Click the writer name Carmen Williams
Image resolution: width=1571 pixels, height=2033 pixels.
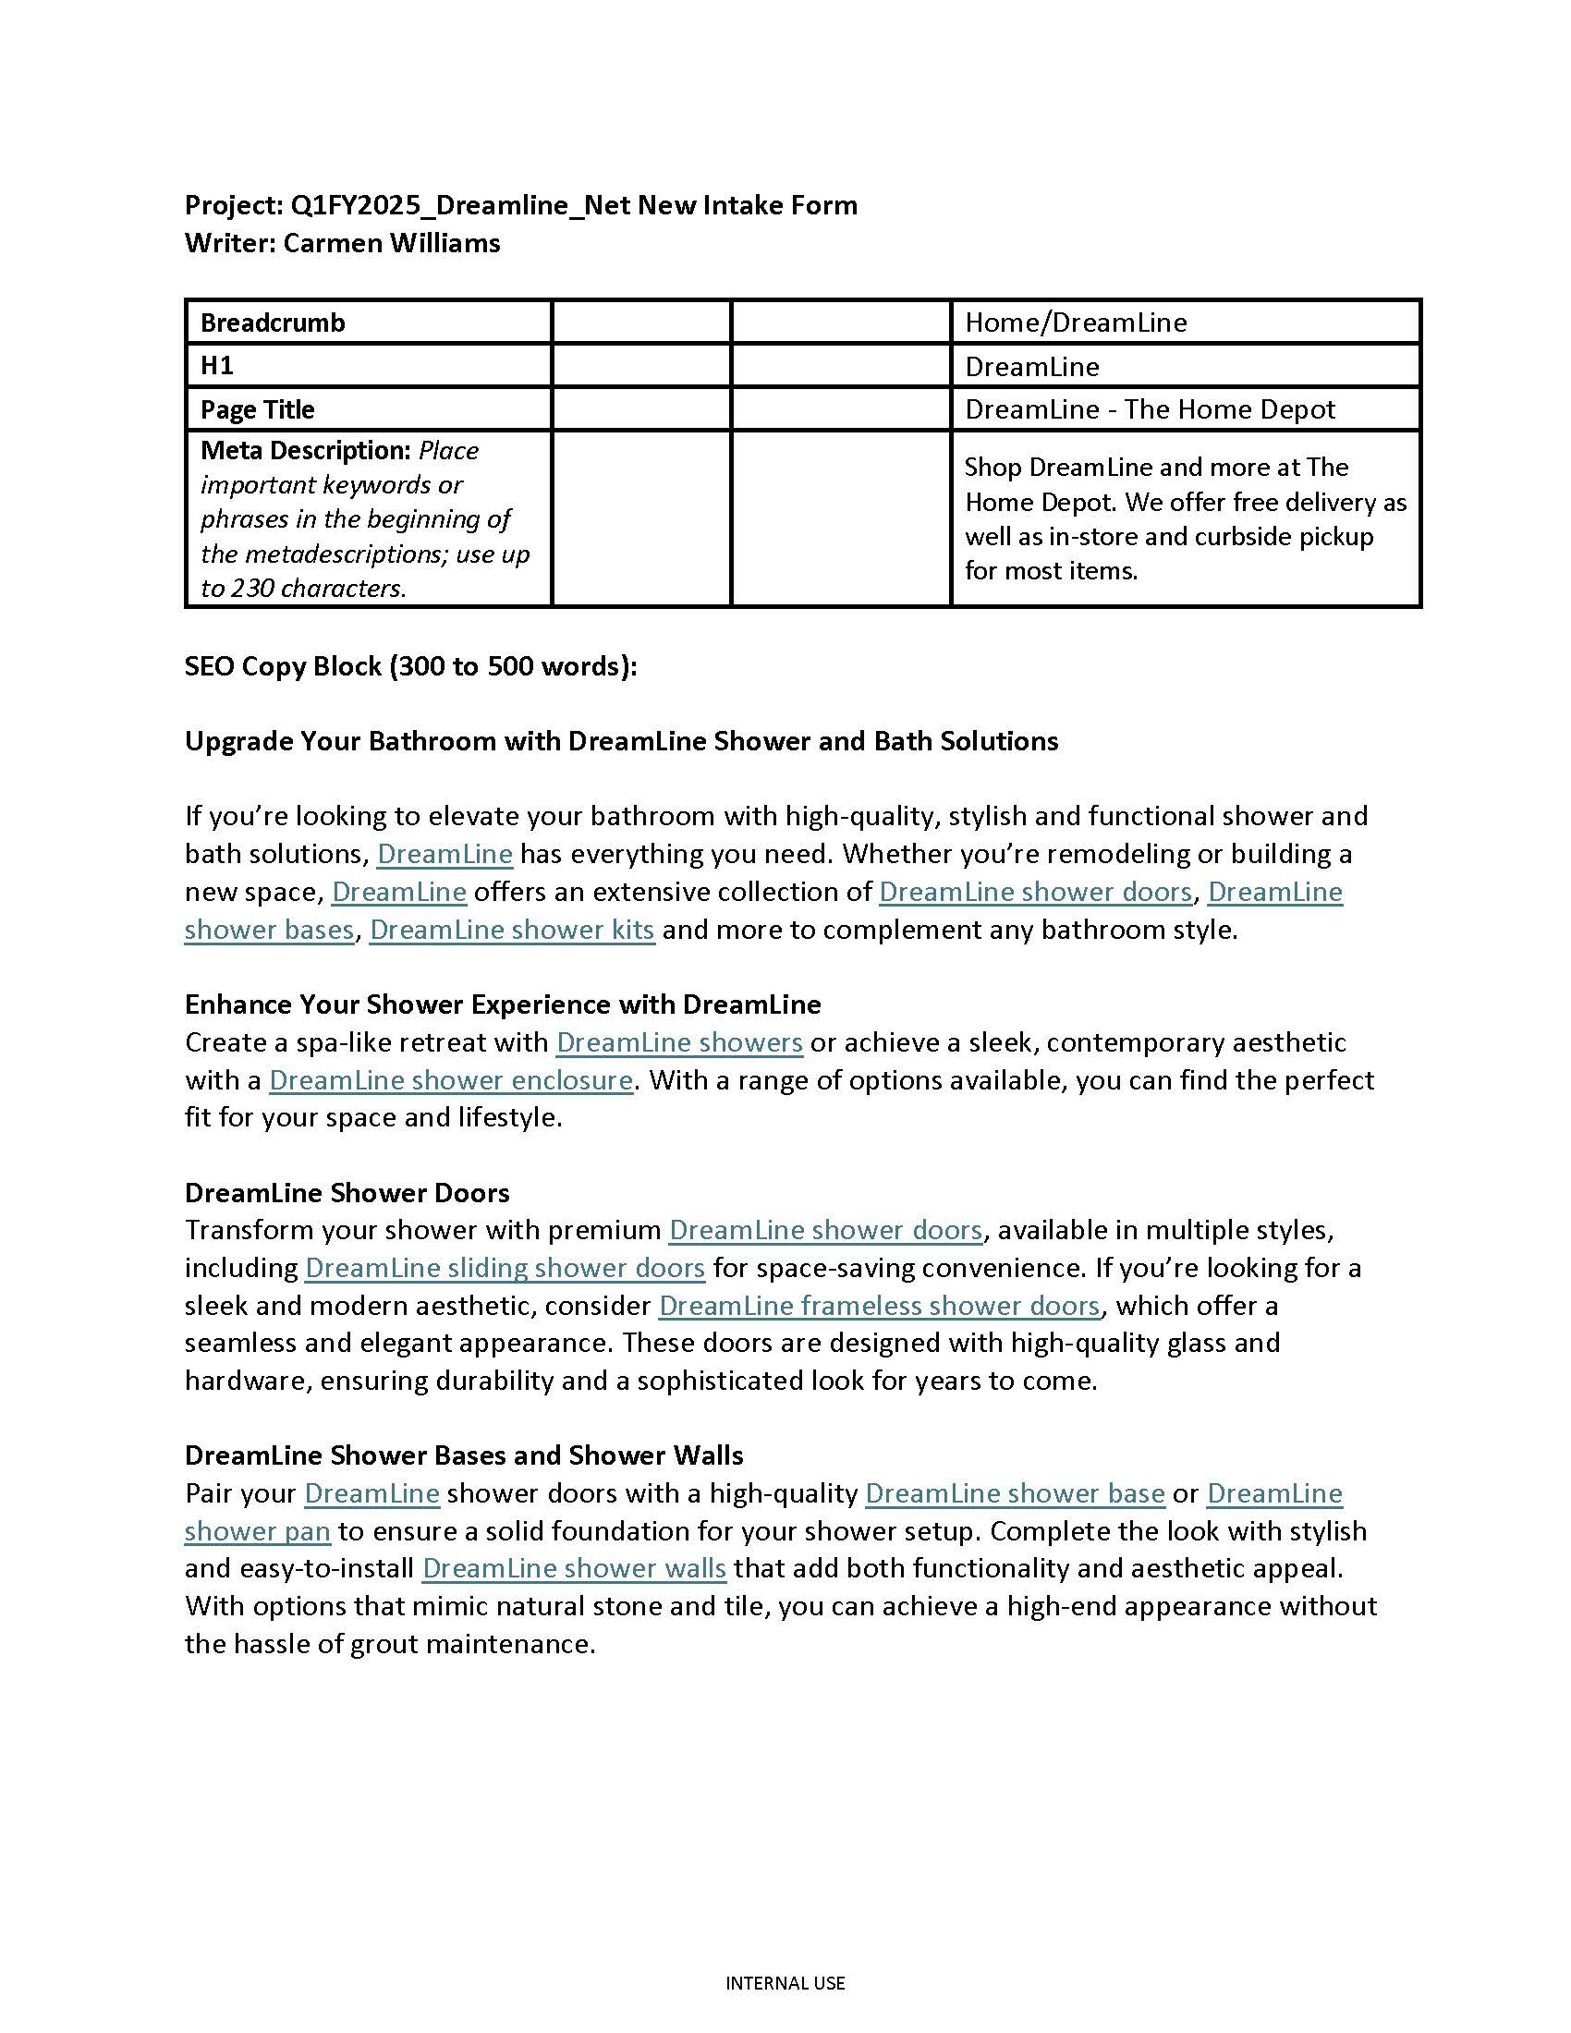click(391, 243)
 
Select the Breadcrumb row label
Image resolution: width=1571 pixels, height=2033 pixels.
click(273, 323)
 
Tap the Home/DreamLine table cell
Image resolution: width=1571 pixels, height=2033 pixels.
click(1076, 323)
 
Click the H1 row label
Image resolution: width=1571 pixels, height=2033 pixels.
click(217, 366)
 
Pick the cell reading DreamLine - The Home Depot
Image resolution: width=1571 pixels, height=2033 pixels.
click(1150, 409)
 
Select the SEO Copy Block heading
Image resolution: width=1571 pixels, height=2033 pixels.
click(410, 666)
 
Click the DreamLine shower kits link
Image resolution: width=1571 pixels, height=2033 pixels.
click(512, 930)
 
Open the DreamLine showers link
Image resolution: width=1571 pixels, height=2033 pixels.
click(679, 1042)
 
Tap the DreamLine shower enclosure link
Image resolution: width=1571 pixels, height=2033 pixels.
click(451, 1081)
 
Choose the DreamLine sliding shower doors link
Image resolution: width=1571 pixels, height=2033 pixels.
click(505, 1268)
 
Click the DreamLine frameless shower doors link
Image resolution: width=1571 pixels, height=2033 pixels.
click(881, 1306)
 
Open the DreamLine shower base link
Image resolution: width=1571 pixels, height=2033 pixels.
click(1016, 1493)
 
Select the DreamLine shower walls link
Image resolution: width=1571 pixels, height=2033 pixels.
click(574, 1568)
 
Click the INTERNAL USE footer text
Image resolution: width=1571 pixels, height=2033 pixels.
click(785, 1984)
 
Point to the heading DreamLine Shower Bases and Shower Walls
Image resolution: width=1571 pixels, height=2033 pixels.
click(464, 1455)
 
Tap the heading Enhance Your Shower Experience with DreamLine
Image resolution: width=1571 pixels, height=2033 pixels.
click(503, 1004)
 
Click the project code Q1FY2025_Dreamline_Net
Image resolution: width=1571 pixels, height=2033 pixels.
click(460, 205)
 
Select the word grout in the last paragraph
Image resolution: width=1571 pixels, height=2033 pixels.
click(384, 1644)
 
